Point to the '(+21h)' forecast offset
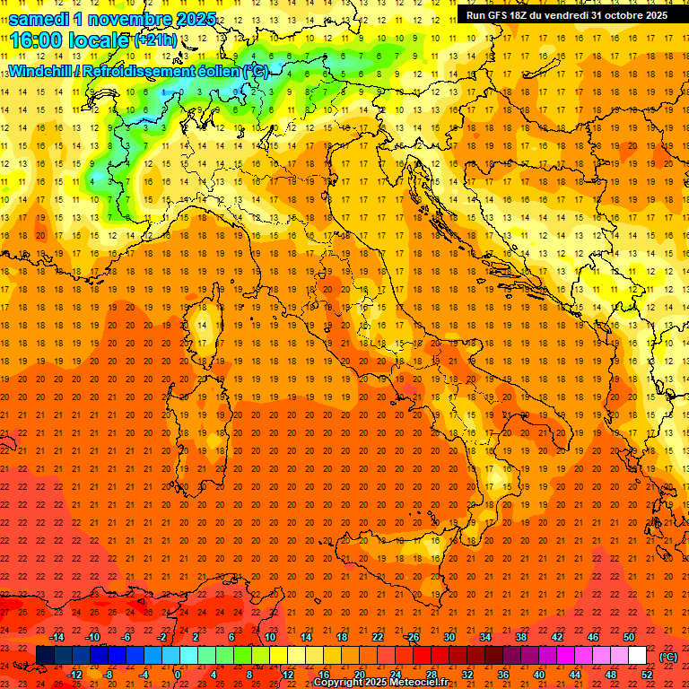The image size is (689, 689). [155, 41]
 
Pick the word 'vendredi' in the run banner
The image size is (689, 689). [561, 15]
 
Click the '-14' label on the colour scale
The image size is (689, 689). [59, 637]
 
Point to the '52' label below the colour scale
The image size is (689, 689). [647, 675]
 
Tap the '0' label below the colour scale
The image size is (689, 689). [178, 675]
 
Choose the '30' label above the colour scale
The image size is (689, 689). [449, 637]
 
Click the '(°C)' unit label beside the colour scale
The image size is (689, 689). [668, 656]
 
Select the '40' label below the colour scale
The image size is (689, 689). [538, 675]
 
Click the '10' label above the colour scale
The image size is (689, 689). [269, 637]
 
